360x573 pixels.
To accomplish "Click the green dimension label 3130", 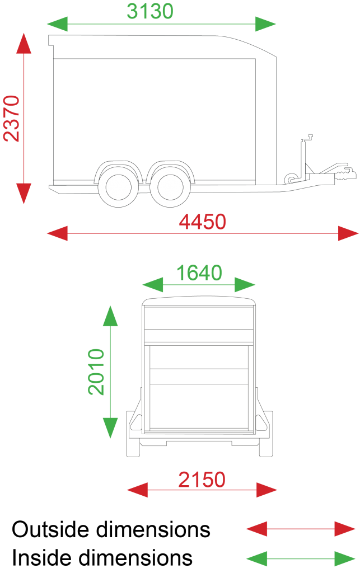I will [x=150, y=11].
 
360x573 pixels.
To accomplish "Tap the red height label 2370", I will [x=12, y=118].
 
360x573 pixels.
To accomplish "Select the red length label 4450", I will [x=203, y=222].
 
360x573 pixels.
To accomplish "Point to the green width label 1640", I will [x=199, y=273].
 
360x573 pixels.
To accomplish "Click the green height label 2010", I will [x=96, y=372].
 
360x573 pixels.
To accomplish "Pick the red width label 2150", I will [x=202, y=480].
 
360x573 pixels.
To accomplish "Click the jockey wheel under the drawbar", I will [x=291, y=179].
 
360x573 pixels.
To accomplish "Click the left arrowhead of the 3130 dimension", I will [x=57, y=25].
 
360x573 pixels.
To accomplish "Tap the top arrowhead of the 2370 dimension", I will [x=24, y=43].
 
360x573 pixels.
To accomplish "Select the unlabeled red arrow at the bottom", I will [x=301, y=528].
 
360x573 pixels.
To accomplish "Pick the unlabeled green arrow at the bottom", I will [x=301, y=558].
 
